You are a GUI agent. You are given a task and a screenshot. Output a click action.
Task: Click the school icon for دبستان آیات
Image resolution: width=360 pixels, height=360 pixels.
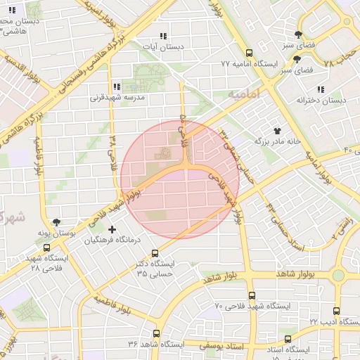click(164, 36)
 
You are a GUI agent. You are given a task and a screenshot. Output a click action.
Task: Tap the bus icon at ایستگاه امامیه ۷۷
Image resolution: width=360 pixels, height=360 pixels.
click(248, 53)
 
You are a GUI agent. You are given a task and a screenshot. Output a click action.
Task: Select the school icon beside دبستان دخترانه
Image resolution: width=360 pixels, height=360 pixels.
click(321, 90)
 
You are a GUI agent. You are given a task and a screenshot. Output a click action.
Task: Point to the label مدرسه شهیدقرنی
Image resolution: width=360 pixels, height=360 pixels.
click(117, 98)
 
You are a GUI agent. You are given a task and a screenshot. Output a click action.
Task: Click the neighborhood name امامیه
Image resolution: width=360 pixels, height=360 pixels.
click(244, 94)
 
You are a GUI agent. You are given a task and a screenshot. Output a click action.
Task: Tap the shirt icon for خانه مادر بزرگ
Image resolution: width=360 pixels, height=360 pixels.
click(277, 131)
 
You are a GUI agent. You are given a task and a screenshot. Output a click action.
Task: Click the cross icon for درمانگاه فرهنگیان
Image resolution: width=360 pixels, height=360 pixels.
click(112, 229)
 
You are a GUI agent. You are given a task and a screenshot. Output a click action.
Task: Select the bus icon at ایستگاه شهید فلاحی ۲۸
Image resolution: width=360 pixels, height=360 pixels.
click(47, 247)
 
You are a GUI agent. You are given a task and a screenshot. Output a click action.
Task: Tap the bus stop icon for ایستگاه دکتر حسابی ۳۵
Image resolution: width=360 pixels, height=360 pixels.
click(155, 254)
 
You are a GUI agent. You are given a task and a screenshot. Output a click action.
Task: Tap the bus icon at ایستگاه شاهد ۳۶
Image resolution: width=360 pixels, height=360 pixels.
click(156, 333)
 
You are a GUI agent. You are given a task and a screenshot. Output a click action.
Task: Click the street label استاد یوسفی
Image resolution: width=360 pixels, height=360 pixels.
click(222, 346)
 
